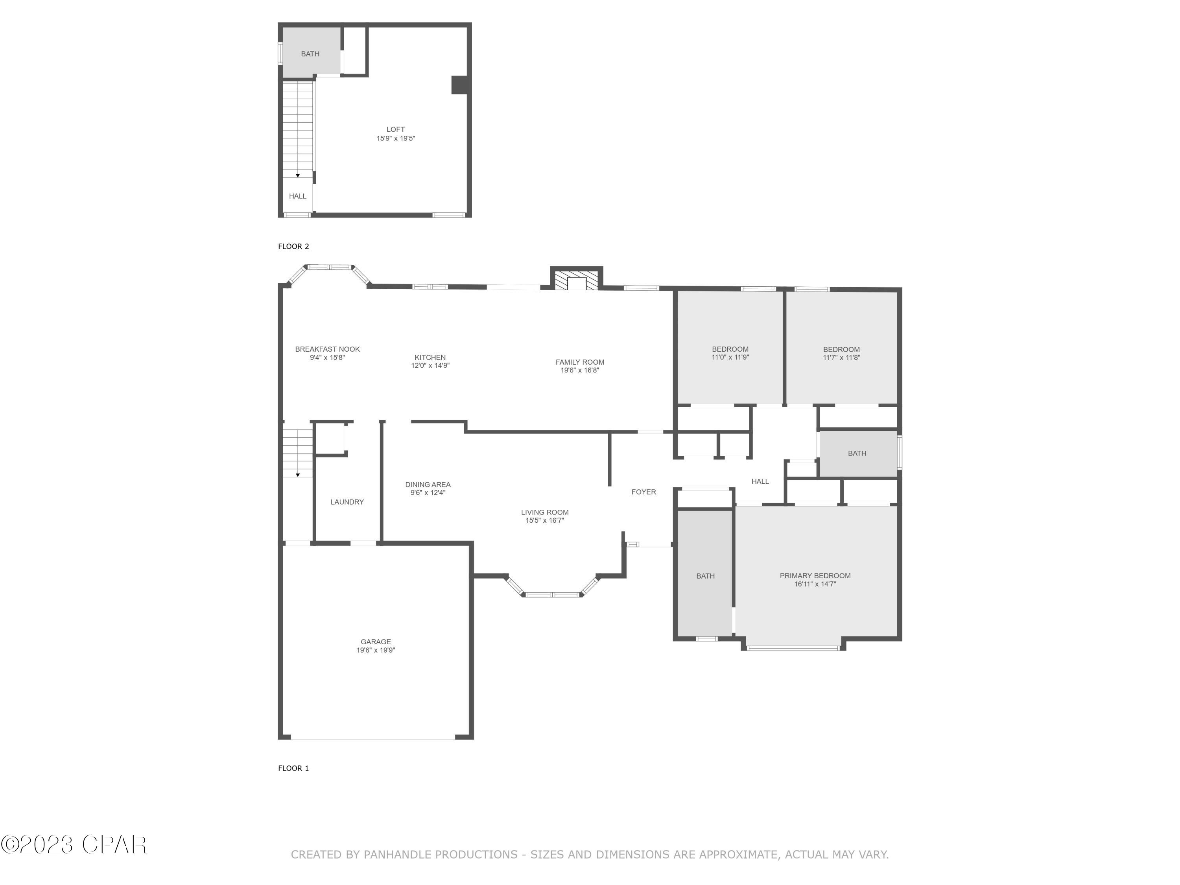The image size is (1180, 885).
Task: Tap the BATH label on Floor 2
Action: point(310,54)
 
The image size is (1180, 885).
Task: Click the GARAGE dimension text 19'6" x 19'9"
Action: point(376,650)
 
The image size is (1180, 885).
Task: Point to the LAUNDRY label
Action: point(347,502)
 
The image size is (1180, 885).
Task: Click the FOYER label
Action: point(643,492)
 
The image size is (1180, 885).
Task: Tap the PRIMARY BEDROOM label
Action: point(815,575)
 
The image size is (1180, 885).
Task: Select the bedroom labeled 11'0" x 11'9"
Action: point(730,353)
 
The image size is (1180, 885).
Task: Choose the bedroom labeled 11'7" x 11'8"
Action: point(841,353)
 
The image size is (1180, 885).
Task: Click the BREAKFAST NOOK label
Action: point(327,349)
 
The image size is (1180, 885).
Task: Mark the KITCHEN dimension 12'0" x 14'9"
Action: point(430,366)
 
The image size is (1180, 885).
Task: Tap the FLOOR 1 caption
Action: point(293,768)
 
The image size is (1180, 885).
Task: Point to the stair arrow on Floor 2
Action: point(298,175)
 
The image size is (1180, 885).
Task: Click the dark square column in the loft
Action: point(460,85)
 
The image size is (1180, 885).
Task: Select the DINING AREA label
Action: point(427,484)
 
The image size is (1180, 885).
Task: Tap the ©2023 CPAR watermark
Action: point(74,844)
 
